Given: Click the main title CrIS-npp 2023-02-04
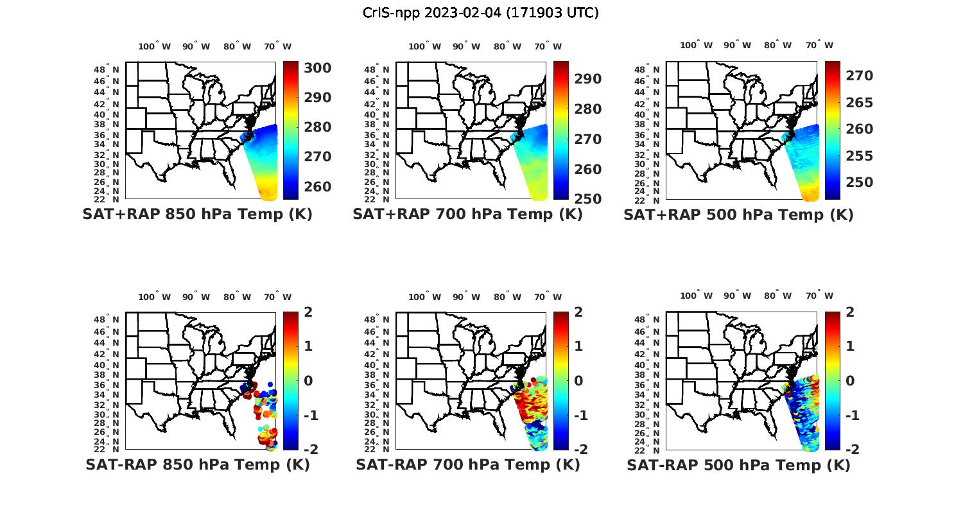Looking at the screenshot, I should tap(480, 13).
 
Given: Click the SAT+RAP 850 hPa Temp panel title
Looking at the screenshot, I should tap(197, 214).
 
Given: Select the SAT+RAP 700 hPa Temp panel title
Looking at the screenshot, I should tap(467, 214).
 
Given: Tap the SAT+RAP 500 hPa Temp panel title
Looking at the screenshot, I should tap(738, 215).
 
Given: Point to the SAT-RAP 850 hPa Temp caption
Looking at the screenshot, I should tap(197, 464).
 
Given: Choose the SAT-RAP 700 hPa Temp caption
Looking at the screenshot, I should tap(467, 464).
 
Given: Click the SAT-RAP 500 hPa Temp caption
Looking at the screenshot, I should tap(738, 465).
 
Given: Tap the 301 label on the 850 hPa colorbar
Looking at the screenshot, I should tap(317, 68).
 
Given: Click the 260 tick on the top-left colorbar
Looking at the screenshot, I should tap(317, 187).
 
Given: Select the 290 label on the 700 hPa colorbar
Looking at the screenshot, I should tap(587, 79).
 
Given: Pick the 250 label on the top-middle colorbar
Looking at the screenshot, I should tap(587, 199).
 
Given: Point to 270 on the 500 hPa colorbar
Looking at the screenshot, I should tap(859, 76).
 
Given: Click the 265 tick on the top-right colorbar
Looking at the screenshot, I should tap(859, 103).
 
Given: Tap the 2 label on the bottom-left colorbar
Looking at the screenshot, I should tap(308, 312).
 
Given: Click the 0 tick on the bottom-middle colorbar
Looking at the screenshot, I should tap(578, 380).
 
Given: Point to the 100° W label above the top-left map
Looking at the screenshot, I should tap(154, 46).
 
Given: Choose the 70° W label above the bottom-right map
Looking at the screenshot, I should tap(820, 296).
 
